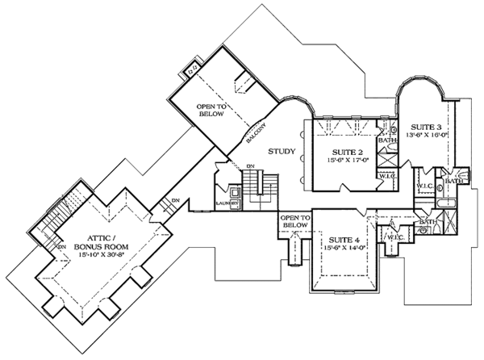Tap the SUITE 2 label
click(350, 151)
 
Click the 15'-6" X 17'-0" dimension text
click(350, 161)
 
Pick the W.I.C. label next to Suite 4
click(394, 237)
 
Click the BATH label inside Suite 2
click(388, 141)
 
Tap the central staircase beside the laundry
click(260, 186)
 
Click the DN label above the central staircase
click(250, 166)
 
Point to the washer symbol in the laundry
click(233, 192)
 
